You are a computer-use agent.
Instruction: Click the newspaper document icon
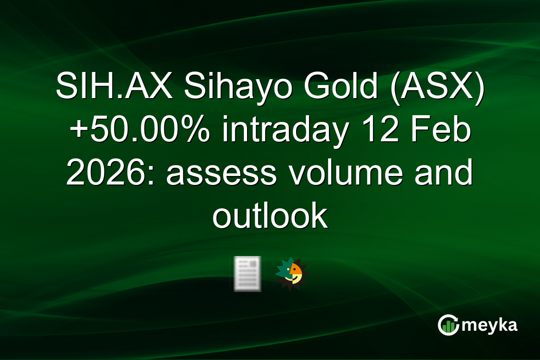pyautogui.click(x=247, y=274)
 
